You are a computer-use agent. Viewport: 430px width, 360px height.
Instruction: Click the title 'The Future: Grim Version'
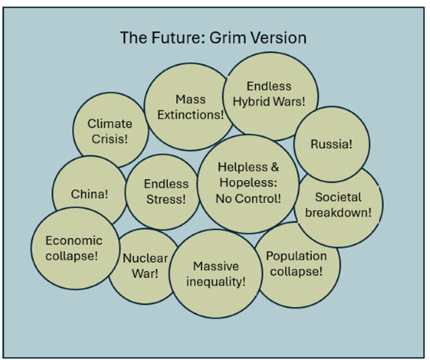(x=213, y=37)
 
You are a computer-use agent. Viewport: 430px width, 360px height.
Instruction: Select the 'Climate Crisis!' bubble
(x=110, y=131)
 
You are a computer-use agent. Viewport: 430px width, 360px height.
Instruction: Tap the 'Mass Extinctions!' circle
(x=190, y=107)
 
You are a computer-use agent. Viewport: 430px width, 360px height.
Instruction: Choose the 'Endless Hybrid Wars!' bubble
(x=269, y=94)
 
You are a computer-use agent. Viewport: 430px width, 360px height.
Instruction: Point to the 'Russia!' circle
(x=331, y=144)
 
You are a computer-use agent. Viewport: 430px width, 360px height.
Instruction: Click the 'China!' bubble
(x=90, y=194)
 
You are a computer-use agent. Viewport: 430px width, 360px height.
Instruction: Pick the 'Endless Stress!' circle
(x=166, y=191)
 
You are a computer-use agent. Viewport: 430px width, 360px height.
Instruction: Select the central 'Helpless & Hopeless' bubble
(x=248, y=183)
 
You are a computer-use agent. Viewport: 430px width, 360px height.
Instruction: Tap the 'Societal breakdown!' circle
(x=338, y=204)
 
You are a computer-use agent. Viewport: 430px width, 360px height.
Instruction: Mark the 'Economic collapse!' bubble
(x=73, y=247)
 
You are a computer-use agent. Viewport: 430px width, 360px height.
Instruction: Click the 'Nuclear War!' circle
(x=145, y=265)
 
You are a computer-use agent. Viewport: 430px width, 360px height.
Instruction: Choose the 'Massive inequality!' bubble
(x=216, y=273)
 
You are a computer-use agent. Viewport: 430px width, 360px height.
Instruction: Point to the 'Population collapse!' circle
(x=297, y=263)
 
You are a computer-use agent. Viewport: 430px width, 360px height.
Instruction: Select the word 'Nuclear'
(x=145, y=258)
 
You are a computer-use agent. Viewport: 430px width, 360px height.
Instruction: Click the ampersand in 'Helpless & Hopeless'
(x=274, y=168)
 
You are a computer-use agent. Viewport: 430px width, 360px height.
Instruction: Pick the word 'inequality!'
(x=216, y=280)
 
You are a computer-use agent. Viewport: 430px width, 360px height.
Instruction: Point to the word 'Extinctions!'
(x=190, y=114)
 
